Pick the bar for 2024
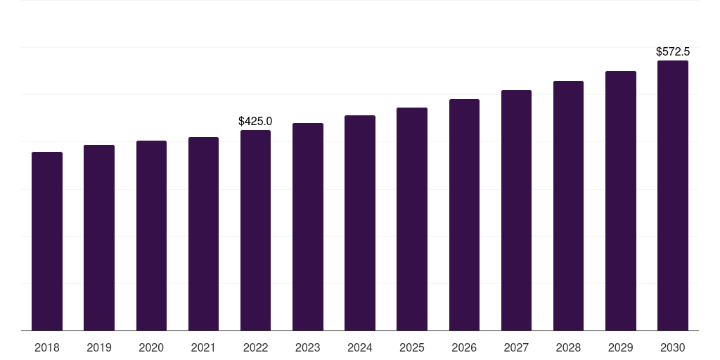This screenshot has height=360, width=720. tap(360, 223)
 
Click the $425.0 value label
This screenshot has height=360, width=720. tap(255, 122)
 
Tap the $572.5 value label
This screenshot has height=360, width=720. tap(673, 52)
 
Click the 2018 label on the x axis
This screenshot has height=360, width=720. tap(47, 347)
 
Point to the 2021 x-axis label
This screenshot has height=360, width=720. tap(203, 347)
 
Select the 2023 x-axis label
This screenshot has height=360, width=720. tap(308, 347)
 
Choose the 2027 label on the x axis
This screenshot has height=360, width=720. tap(516, 347)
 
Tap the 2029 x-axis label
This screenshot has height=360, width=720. tap(621, 347)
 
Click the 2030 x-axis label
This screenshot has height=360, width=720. tap(673, 347)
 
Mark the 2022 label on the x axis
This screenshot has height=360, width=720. tap(255, 347)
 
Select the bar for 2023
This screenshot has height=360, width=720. tap(308, 226)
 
